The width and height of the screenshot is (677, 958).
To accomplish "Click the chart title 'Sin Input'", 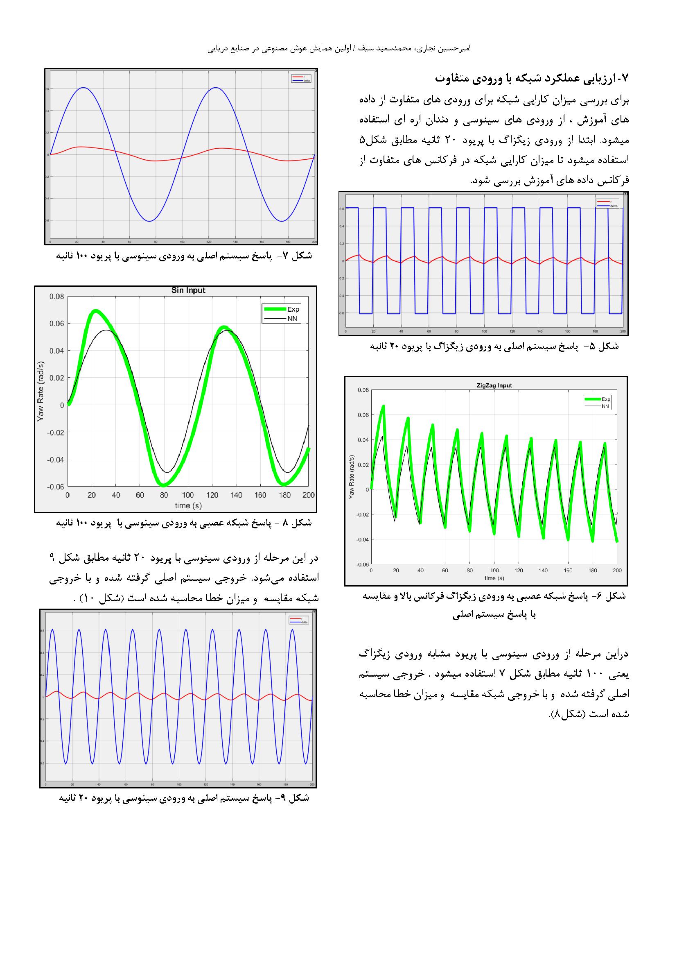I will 188,290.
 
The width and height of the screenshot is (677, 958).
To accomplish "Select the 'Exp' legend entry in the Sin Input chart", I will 293,309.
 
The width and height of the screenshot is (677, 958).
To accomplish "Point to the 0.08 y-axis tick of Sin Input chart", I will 57,297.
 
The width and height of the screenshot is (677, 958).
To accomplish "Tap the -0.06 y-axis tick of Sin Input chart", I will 55,487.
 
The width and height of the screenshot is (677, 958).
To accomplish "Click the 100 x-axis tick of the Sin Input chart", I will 188,495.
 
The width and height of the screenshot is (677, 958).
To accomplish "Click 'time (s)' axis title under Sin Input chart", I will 188,506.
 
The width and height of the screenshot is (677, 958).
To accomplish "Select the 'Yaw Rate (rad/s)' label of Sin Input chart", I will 41,391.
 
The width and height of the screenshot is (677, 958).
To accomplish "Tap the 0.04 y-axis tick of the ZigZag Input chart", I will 363,440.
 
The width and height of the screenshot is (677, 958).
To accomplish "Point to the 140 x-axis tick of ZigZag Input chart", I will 544,571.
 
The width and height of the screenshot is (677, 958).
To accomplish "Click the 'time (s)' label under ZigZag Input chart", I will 494,578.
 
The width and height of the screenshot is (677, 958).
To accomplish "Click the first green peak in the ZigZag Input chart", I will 384,405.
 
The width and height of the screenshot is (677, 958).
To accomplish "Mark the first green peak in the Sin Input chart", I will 95,311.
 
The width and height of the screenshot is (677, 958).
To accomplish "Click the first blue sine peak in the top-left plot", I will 84,88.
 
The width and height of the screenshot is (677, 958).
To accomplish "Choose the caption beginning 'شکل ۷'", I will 184,256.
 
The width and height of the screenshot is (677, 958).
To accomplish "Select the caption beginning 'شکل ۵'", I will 494,347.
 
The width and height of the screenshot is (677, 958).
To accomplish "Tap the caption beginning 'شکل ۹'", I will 184,798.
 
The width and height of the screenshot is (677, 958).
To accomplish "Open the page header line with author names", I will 338,49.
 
